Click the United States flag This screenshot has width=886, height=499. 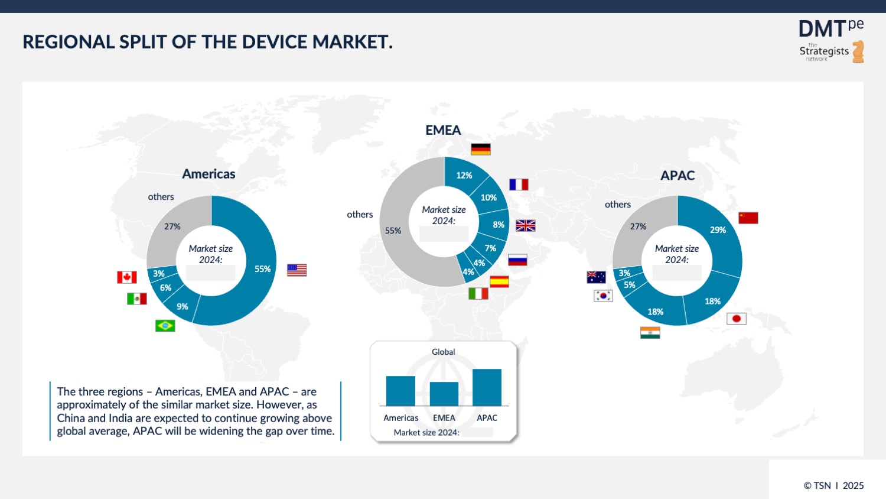pyautogui.click(x=297, y=270)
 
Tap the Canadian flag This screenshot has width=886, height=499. pyautogui.click(x=127, y=277)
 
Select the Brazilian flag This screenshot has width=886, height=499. pyautogui.click(x=165, y=326)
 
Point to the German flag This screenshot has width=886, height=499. pyautogui.click(x=481, y=150)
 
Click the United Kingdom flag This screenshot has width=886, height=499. pyautogui.click(x=525, y=226)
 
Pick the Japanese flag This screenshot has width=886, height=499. pyautogui.click(x=736, y=319)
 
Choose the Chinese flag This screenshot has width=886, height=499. pyautogui.click(x=748, y=218)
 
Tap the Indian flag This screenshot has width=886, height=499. pyautogui.click(x=650, y=333)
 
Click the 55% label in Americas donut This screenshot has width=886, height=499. pyautogui.click(x=262, y=269)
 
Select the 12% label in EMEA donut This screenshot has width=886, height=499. pyautogui.click(x=464, y=176)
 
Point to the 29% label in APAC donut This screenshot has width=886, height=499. pyautogui.click(x=718, y=230)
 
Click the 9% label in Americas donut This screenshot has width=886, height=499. pyautogui.click(x=183, y=306)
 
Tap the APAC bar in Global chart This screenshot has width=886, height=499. pyautogui.click(x=487, y=387)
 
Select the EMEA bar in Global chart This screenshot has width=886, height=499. pyautogui.click(x=444, y=394)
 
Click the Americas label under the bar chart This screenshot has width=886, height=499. pyautogui.click(x=400, y=418)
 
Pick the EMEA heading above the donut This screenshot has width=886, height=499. pyautogui.click(x=443, y=130)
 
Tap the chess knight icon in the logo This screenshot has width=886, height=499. pyautogui.click(x=858, y=51)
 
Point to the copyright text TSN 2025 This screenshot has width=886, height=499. pyautogui.click(x=833, y=485)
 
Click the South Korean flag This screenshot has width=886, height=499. pyautogui.click(x=603, y=296)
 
